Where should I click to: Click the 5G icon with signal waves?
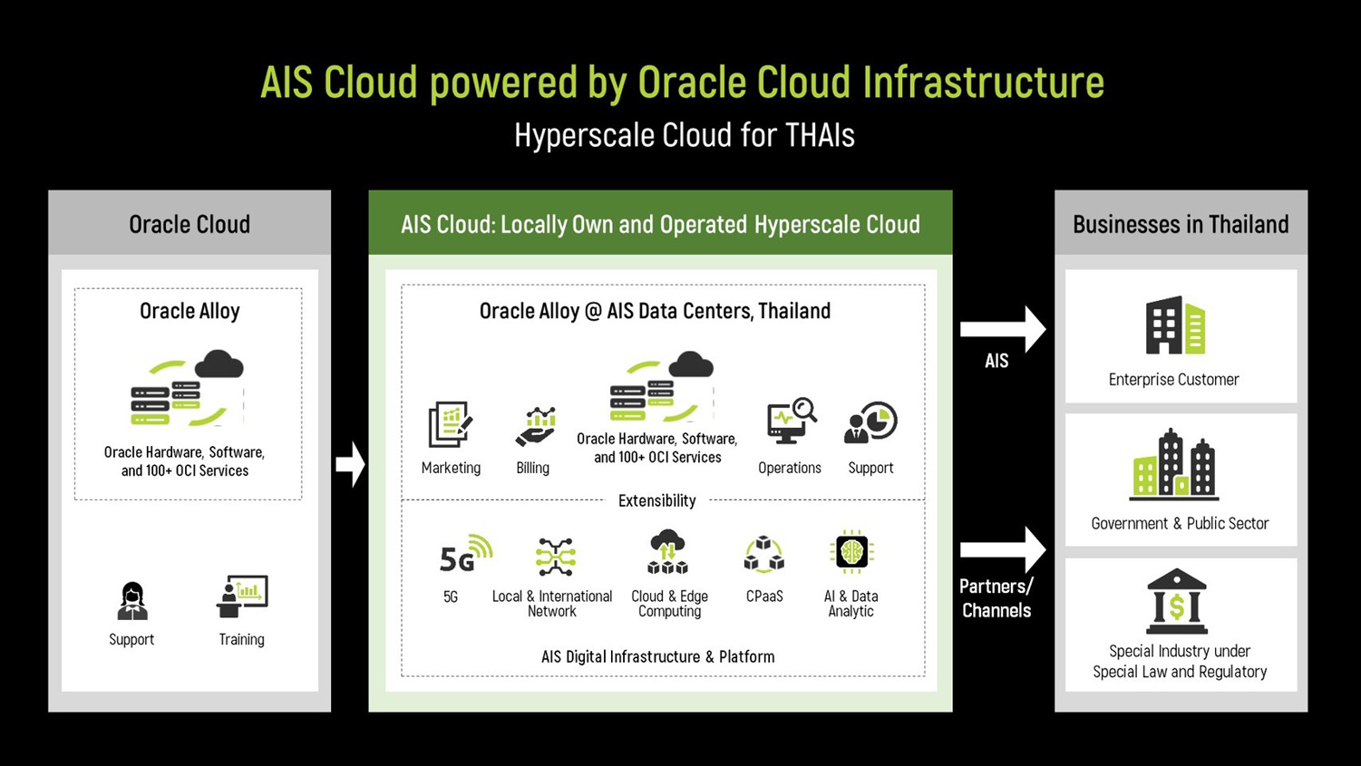click(x=464, y=556)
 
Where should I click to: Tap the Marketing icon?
click(x=450, y=424)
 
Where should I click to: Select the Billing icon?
click(x=535, y=426)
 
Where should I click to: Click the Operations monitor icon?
click(x=790, y=422)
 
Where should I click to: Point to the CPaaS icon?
click(x=763, y=555)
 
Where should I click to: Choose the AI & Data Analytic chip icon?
click(x=851, y=552)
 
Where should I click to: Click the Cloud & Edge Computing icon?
click(x=667, y=552)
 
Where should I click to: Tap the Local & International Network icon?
click(x=554, y=557)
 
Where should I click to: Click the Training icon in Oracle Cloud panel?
click(x=242, y=596)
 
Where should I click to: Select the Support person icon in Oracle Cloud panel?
click(x=132, y=600)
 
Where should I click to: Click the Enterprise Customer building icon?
click(x=1174, y=325)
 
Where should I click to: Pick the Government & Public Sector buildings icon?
click(x=1174, y=465)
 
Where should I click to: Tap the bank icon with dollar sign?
click(x=1176, y=601)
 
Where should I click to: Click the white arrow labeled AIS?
click(x=1003, y=329)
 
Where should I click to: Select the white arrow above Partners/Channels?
click(x=1003, y=549)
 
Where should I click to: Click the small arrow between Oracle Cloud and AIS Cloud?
click(x=350, y=464)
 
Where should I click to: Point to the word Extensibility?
click(x=656, y=500)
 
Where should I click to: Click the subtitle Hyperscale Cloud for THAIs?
click(x=684, y=135)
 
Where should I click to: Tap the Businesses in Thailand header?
click(x=1180, y=224)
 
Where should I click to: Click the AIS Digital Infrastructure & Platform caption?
click(x=657, y=656)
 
